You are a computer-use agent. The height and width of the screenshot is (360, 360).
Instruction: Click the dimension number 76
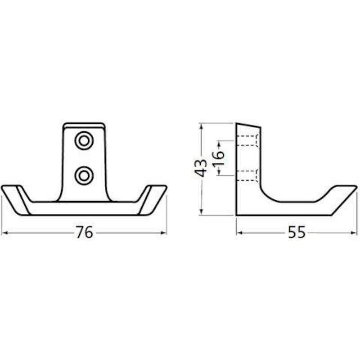(x=85, y=232)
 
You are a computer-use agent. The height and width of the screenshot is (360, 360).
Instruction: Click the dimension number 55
(x=297, y=232)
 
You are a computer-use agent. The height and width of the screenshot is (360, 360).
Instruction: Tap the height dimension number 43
(x=201, y=168)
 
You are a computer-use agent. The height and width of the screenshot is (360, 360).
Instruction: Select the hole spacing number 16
(x=218, y=158)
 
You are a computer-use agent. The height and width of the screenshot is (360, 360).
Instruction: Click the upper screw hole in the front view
(x=84, y=140)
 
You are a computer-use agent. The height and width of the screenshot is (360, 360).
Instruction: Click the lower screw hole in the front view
(x=84, y=176)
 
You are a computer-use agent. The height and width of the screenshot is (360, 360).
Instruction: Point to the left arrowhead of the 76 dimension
(x=5, y=233)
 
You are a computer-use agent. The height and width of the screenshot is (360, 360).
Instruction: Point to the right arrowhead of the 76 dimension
(x=163, y=233)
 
